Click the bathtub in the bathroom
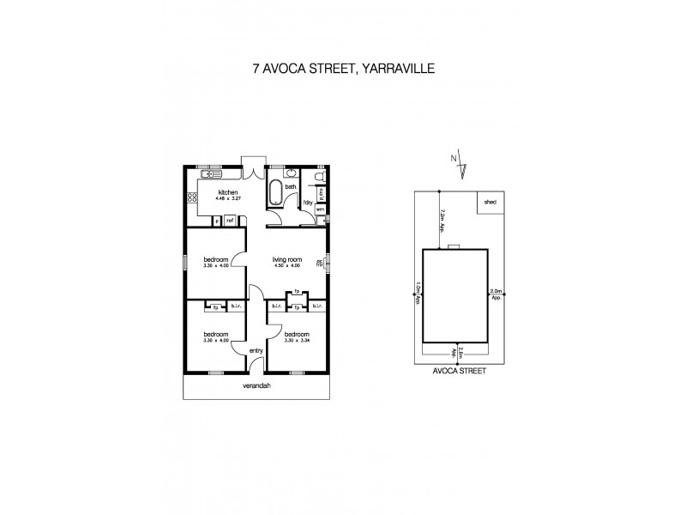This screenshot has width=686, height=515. tap(275, 193)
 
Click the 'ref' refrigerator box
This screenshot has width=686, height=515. tap(230, 221)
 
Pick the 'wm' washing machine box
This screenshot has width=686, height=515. tap(320, 209)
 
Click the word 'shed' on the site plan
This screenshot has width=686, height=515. tap(490, 202)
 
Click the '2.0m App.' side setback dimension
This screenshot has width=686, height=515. tap(496, 295)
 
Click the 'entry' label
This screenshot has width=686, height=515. tap(256, 350)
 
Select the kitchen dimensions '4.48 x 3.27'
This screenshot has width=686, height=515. tap(227, 198)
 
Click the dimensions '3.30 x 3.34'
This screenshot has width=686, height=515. tap(296, 340)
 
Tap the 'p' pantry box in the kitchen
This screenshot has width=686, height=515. tap(217, 221)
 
